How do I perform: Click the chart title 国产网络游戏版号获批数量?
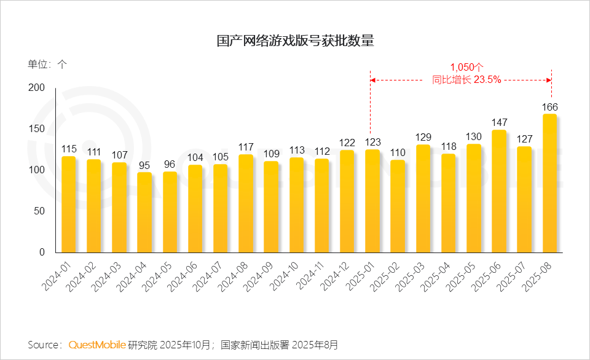pos(295,41)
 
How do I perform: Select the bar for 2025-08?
pos(549,183)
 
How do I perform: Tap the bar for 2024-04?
pos(144,212)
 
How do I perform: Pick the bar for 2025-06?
pos(499,191)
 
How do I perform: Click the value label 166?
pos(549,107)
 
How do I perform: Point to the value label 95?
pos(144,165)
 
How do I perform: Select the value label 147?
pos(499,123)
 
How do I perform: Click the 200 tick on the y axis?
pos(37,88)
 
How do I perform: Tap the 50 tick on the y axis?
pos(39,211)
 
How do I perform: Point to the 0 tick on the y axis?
pos(42,252)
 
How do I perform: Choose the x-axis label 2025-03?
pos(412,277)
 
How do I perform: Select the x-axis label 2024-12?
pos(337,277)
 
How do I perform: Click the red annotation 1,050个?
pos(467,67)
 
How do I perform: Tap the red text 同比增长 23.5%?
pos(467,79)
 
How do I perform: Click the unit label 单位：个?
pos(47,64)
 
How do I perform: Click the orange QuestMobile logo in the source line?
pos(97,345)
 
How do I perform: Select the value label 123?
pos(372,142)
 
